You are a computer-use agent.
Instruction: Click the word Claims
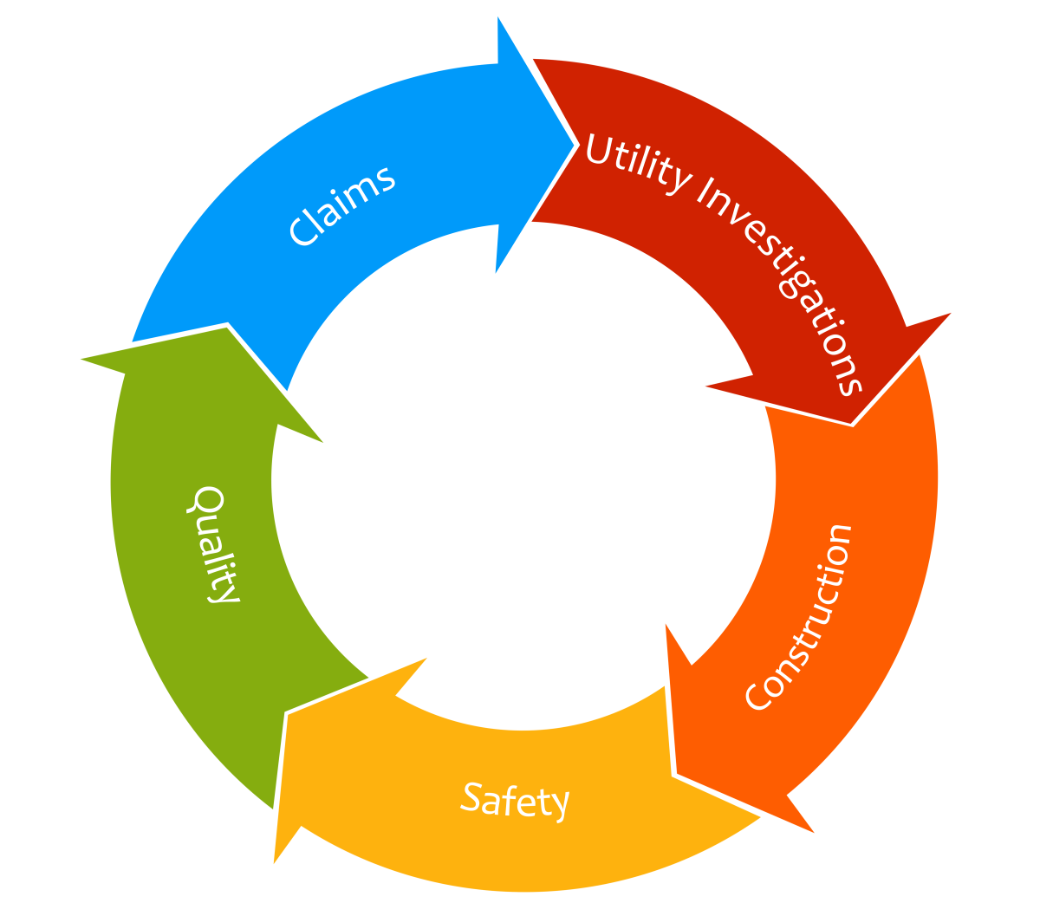(x=342, y=206)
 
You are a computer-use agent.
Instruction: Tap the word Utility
(x=637, y=163)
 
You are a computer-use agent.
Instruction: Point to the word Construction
(x=799, y=617)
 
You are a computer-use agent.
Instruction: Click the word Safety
(x=515, y=799)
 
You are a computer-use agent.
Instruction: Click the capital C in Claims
(x=302, y=231)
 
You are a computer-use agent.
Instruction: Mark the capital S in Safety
(x=471, y=796)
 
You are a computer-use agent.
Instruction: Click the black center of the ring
(x=523, y=481)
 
